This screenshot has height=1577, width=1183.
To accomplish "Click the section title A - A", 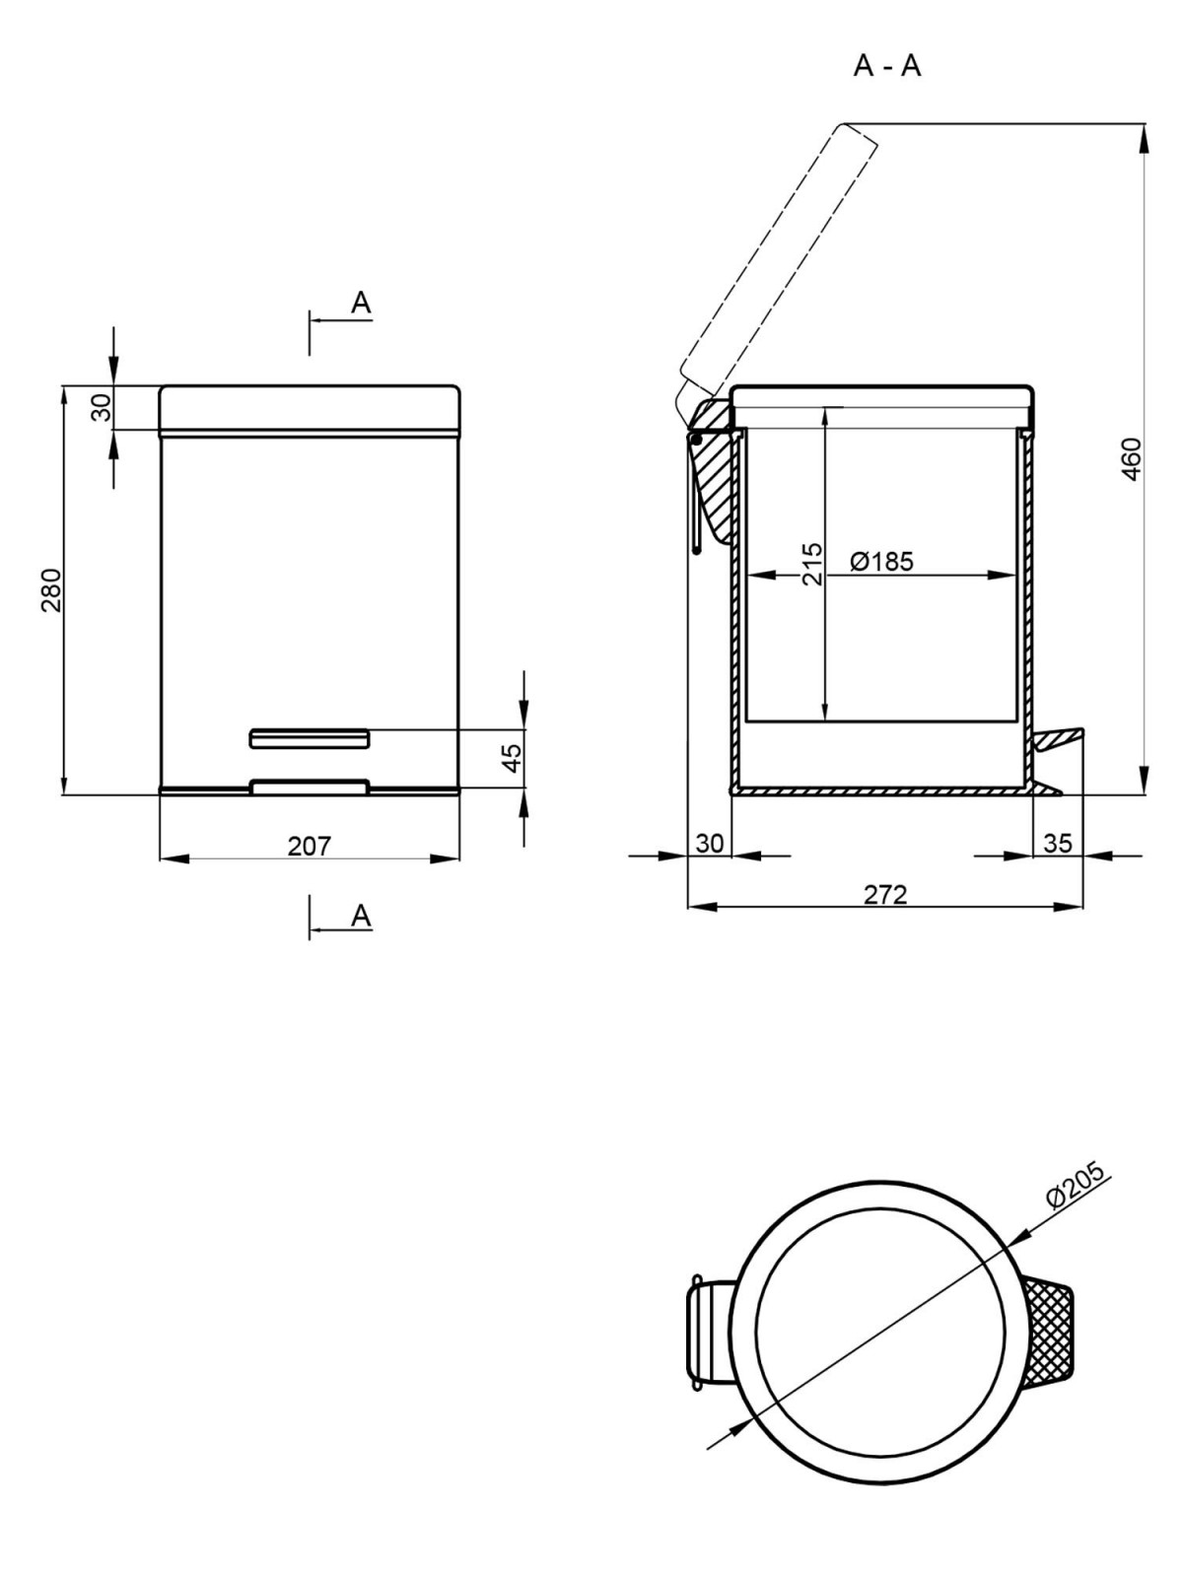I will coord(887,66).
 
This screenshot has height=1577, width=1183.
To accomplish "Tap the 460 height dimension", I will coord(1131,458).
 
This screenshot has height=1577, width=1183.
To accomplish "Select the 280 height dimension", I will coord(51,589).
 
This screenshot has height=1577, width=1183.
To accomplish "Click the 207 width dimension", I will coord(310,846).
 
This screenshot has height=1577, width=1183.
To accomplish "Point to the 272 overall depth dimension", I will coord(885,894).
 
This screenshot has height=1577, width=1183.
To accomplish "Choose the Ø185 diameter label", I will coord(882,562).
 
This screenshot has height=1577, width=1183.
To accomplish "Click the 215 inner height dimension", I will coord(811,564).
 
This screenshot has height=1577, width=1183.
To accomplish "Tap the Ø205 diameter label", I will coord(1077,1181).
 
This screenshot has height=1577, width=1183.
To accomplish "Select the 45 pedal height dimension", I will coord(512,757).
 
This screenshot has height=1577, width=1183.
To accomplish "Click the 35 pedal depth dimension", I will coord(1057,843).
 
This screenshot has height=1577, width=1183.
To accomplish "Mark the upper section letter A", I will coord(362,303).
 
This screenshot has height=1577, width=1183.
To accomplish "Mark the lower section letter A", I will coord(362,916).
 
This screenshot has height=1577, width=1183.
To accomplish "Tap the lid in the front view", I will coord(310,407).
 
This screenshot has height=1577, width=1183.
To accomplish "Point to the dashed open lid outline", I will coord(779,256).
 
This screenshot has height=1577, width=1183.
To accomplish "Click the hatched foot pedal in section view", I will coord(1057,737).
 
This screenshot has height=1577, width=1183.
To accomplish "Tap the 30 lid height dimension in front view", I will coord(101,407).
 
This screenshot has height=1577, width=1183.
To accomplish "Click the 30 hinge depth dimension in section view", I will coord(710,843).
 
